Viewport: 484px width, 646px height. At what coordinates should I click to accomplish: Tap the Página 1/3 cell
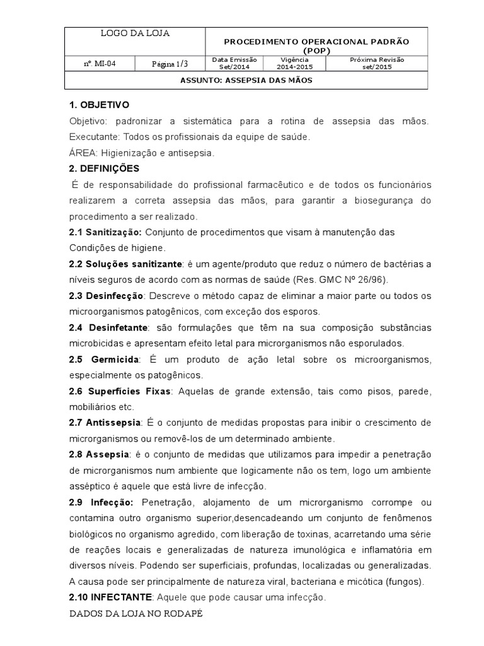click(x=170, y=64)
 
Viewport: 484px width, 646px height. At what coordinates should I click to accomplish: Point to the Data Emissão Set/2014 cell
click(x=234, y=63)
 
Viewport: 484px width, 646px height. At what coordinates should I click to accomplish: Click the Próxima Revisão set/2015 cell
click(x=377, y=63)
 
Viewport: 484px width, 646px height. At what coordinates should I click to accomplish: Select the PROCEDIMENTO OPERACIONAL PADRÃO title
click(x=317, y=45)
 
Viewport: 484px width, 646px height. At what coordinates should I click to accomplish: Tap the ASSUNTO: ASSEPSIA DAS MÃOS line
click(x=246, y=81)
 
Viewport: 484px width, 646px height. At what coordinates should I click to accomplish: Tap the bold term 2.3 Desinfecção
click(x=107, y=295)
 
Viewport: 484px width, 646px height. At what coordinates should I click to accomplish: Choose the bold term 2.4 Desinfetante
click(x=108, y=327)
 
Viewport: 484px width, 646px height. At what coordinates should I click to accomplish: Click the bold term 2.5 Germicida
click(x=105, y=359)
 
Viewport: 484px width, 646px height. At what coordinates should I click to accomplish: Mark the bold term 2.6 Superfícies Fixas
click(x=120, y=391)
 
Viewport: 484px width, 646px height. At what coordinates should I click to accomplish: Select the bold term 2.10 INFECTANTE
click(x=110, y=597)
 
